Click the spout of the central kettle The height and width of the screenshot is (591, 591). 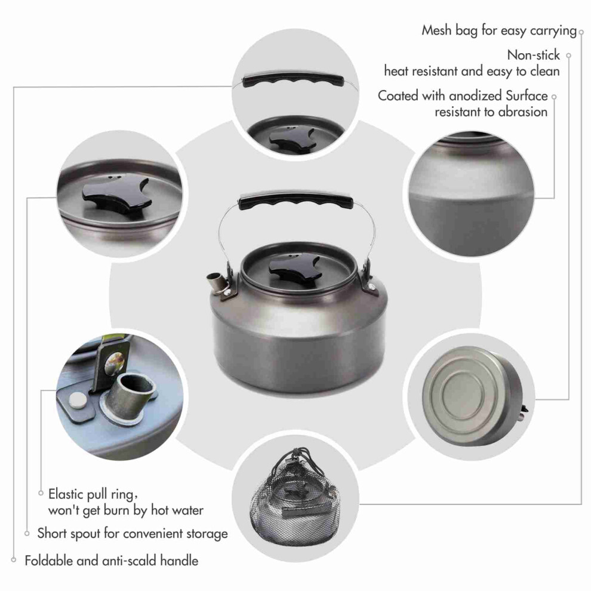(x=216, y=282)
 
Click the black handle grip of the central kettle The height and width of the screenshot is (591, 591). (x=295, y=201)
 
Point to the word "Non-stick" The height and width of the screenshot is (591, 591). (x=533, y=55)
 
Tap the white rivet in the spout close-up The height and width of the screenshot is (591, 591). (x=77, y=401)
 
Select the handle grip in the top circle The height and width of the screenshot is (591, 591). (x=293, y=79)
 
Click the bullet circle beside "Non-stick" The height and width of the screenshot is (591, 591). (x=569, y=56)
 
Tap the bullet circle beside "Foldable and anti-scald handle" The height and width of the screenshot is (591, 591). (x=14, y=560)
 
